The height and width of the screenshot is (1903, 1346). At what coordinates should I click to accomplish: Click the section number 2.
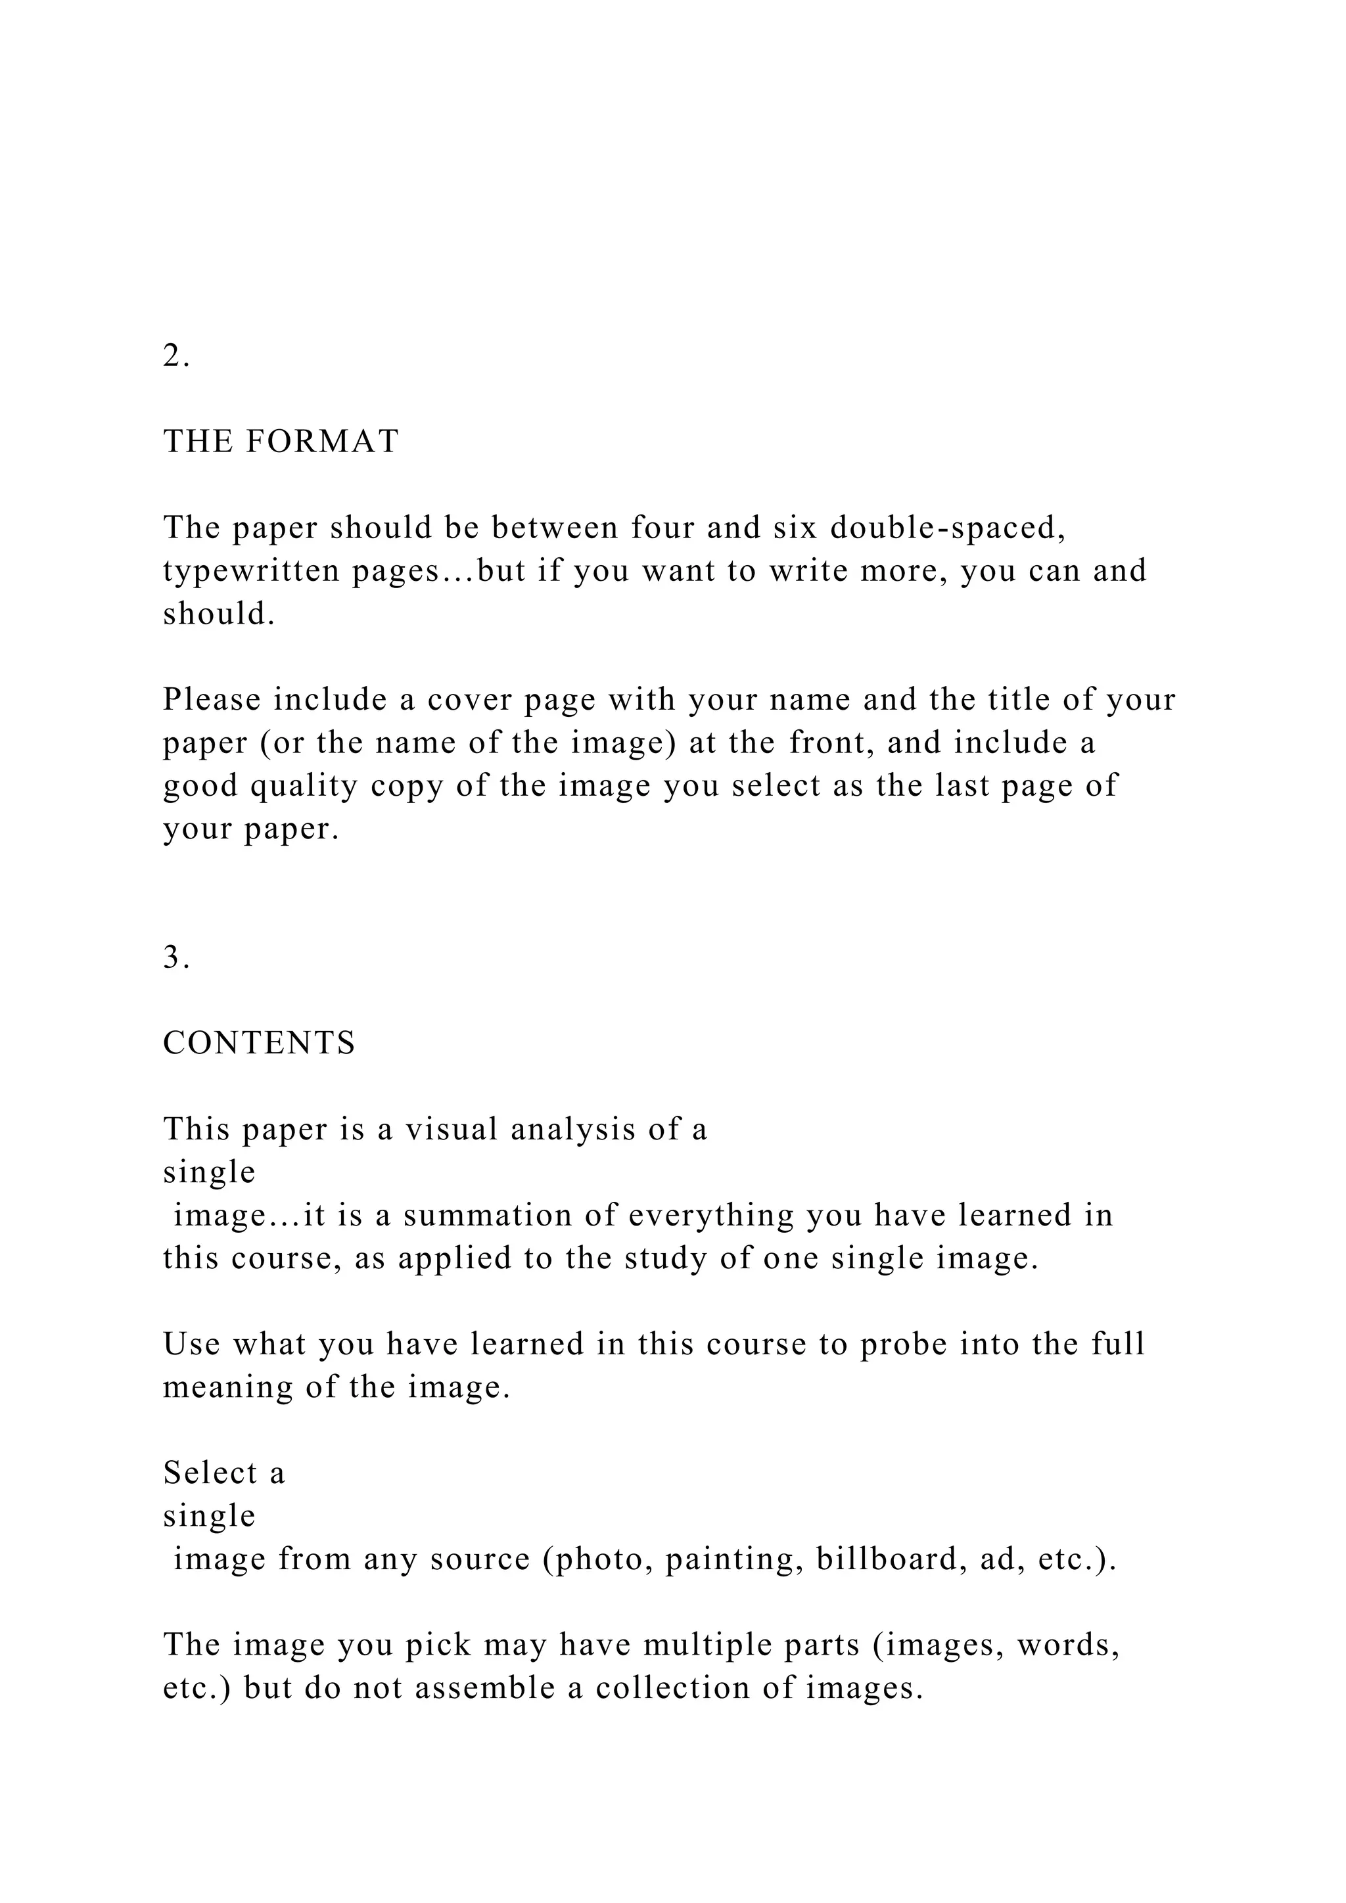(175, 356)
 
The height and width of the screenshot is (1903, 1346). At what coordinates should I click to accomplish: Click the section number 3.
(175, 957)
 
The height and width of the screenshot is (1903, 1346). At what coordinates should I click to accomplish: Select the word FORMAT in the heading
(323, 442)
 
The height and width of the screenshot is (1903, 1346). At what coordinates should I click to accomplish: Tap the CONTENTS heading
(260, 1043)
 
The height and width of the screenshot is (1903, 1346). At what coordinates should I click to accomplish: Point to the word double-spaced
(947, 528)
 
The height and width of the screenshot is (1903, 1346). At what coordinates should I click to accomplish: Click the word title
(1018, 700)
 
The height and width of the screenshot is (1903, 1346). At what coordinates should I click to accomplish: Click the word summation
(507, 1215)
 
